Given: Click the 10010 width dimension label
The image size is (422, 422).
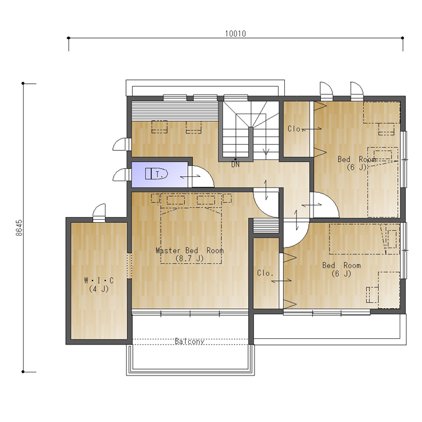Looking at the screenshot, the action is [x=235, y=34].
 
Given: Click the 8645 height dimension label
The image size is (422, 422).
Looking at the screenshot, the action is [x=19, y=228].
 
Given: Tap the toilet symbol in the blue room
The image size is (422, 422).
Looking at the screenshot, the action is [x=156, y=174].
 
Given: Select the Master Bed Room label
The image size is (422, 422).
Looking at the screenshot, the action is [x=190, y=251].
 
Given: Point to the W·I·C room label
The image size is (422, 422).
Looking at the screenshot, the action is [x=99, y=281].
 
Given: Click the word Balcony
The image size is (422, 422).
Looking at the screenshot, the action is [x=189, y=341].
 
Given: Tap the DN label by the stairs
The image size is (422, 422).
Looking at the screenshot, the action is [x=235, y=164].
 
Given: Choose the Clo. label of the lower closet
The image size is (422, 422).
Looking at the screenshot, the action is [x=265, y=273].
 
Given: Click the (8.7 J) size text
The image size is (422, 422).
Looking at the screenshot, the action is [x=189, y=259].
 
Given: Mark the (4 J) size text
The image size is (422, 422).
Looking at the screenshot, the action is [x=99, y=289].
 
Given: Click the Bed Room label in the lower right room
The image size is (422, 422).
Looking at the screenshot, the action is [x=341, y=266].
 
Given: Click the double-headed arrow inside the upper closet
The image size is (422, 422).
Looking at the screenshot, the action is [x=312, y=129].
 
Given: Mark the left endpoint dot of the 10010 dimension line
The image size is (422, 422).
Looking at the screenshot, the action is [x=69, y=38].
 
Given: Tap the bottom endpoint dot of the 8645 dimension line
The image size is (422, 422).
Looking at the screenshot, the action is [x=23, y=372].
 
